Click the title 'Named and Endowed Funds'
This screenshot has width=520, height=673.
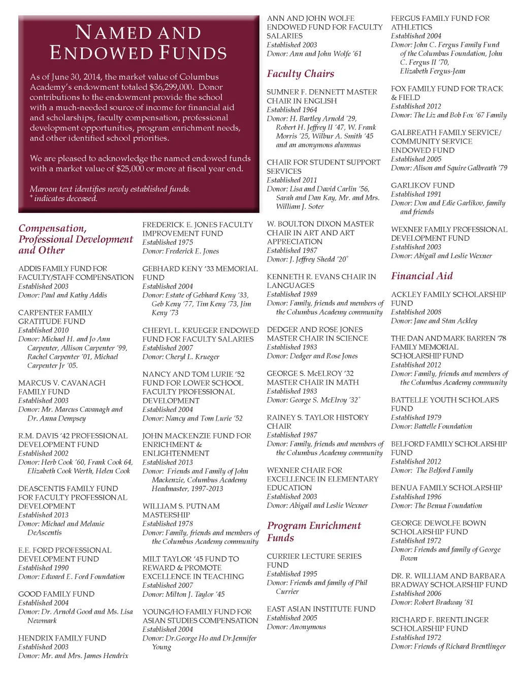pyautogui.click(x=138, y=43)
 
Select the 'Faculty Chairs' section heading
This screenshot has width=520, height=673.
pyautogui.click(x=300, y=74)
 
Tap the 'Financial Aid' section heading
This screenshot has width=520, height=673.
pyautogui.click(x=421, y=276)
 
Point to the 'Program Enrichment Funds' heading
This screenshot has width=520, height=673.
pyautogui.click(x=314, y=531)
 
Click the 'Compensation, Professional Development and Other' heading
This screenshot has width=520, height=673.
pyautogui.click(x=76, y=239)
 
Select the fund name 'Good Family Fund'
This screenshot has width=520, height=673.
pyautogui.click(x=56, y=594)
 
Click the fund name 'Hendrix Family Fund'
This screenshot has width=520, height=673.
pyautogui.click(x=62, y=638)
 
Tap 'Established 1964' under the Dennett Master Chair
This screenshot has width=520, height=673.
pyautogui.click(x=291, y=110)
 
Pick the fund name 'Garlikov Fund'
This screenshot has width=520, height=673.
pyautogui.click(x=422, y=185)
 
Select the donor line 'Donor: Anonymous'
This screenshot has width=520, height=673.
pyautogui.click(x=296, y=627)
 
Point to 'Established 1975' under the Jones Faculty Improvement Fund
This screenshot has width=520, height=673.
pyautogui.click(x=168, y=242)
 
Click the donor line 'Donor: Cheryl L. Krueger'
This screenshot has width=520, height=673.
pyautogui.click(x=181, y=357)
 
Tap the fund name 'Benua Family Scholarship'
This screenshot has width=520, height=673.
pyautogui.click(x=446, y=488)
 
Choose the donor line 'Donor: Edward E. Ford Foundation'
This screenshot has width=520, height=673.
pyautogui.click(x=71, y=576)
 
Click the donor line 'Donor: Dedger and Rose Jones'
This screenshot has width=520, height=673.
pyautogui.click(x=312, y=356)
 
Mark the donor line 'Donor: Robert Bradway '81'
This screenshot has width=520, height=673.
pyautogui.click(x=432, y=602)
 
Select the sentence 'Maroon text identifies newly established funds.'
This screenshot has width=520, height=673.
pyautogui.click(x=110, y=189)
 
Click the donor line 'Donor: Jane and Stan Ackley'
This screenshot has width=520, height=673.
pyautogui.click(x=434, y=321)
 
